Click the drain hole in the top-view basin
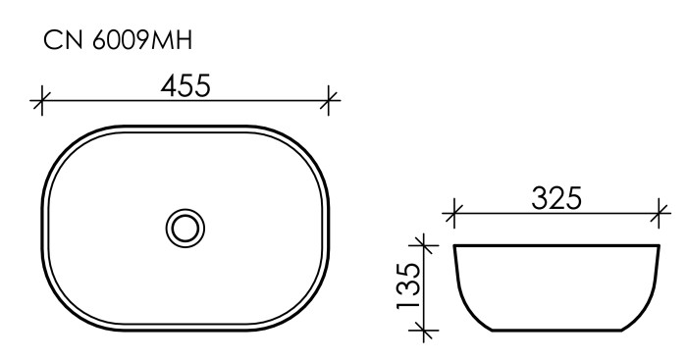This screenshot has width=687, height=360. coord(185,228)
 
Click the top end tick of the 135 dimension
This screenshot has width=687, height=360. coord(423,243)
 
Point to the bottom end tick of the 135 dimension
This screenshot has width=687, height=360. coord(423,333)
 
